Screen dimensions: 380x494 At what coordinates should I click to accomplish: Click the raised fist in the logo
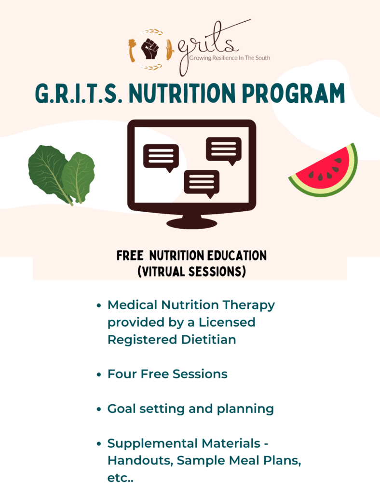tap(150, 49)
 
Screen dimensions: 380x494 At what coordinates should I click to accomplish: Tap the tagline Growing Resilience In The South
tap(230, 58)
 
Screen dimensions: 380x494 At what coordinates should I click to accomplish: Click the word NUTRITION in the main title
tap(182, 93)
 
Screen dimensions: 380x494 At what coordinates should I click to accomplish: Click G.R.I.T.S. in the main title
tap(79, 94)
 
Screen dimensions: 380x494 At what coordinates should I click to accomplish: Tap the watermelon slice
tap(324, 170)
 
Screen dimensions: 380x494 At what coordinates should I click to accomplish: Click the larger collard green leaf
tap(50, 173)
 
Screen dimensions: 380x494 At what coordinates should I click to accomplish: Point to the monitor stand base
tap(192, 223)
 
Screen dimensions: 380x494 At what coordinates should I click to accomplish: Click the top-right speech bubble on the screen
tap(224, 151)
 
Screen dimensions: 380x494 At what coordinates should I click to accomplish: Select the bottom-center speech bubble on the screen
tap(202, 183)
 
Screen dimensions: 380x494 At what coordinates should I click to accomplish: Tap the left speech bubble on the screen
tap(161, 158)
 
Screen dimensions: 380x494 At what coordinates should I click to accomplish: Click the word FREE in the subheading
tap(130, 256)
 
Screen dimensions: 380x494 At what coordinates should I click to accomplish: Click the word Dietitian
tap(208, 340)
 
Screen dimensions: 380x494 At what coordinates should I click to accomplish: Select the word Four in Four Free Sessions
tap(122, 374)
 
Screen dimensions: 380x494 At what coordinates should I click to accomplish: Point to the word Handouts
tap(140, 461)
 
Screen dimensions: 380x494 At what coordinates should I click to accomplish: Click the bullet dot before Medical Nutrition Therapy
tap(99, 305)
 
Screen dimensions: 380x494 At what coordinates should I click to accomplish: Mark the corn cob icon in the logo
tap(169, 50)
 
